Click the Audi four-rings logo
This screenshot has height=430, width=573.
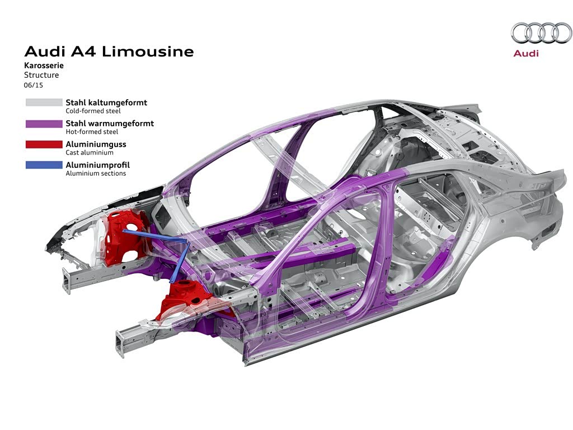(541, 33)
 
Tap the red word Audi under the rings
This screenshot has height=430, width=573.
(526, 53)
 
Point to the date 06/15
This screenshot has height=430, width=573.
(33, 85)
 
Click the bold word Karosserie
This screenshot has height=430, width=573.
(44, 66)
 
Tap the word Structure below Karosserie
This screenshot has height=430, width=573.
(41, 75)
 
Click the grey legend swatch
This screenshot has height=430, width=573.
(44, 102)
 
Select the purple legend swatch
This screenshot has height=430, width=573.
(44, 124)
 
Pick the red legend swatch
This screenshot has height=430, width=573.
(44, 144)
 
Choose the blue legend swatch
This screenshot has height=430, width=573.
(44, 165)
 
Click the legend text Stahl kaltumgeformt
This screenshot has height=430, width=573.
(106, 103)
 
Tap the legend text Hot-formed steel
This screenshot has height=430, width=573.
(92, 132)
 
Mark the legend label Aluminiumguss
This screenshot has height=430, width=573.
(96, 144)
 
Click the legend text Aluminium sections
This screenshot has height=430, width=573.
(96, 174)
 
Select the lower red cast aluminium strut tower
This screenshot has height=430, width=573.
(185, 298)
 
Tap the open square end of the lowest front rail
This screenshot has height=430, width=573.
(121, 343)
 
